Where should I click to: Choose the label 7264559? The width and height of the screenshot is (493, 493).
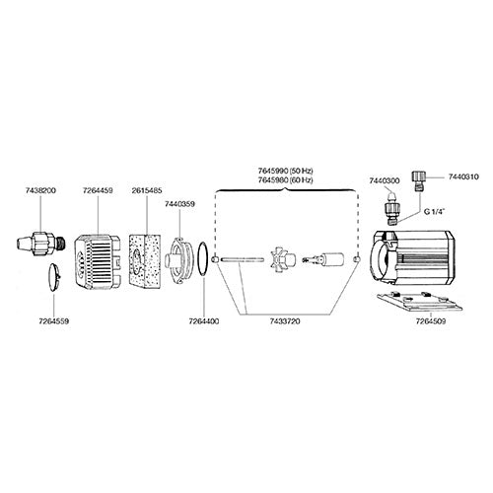click(50, 321)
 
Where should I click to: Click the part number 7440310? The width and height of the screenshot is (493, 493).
click(462, 176)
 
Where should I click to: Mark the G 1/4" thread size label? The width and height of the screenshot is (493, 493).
click(436, 211)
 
